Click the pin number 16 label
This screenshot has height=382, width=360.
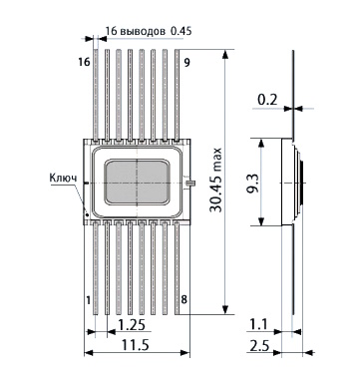point(85,62)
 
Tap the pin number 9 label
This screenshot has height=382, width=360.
point(187,62)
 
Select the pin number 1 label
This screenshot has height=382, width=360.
point(88,300)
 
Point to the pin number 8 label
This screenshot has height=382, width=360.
point(184,300)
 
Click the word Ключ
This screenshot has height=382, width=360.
point(63,178)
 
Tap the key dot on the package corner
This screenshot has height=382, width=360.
point(87,215)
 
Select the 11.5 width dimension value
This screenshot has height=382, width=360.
point(135,345)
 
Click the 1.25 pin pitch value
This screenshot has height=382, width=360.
point(132,325)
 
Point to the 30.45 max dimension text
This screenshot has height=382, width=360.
point(215,180)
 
